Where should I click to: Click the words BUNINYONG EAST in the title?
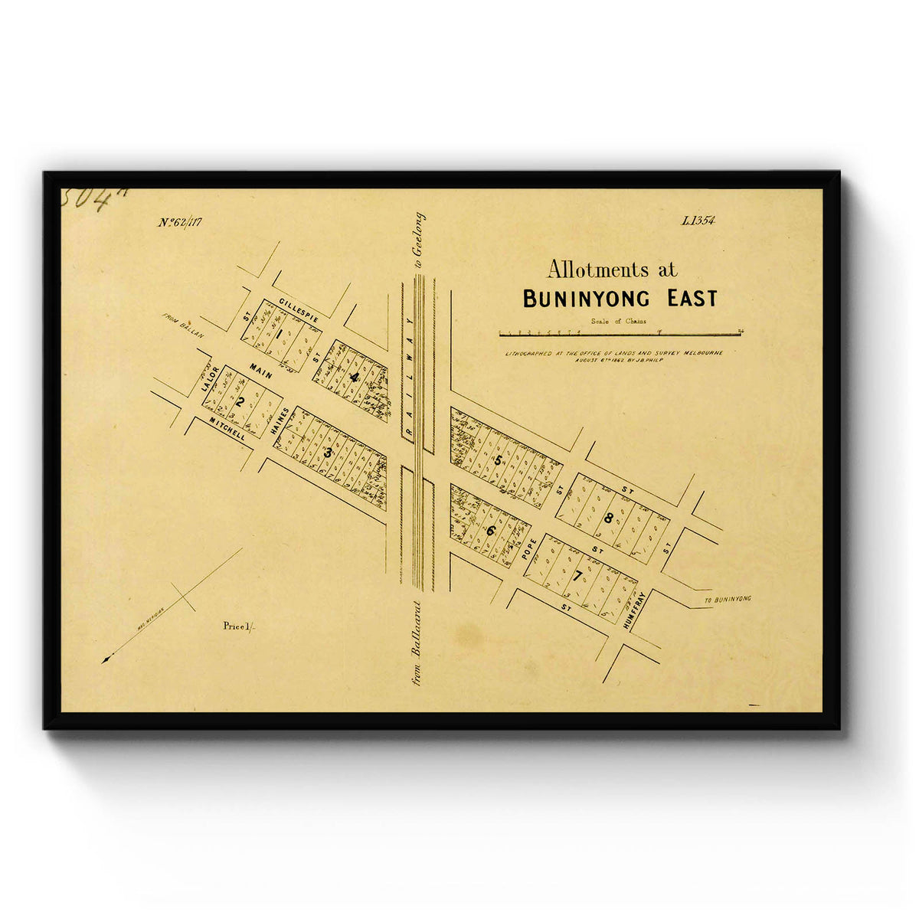coord(620,299)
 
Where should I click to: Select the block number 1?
coord(280,333)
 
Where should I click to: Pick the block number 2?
coord(240,402)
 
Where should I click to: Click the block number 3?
coord(328,453)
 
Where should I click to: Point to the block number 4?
coord(353,377)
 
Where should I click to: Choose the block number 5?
coord(499,460)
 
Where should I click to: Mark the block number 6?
coord(490,529)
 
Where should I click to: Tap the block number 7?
coord(577,577)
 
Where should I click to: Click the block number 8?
coord(608,518)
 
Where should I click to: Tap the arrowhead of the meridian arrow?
coord(106,659)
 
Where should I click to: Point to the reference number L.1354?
coord(697,221)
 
